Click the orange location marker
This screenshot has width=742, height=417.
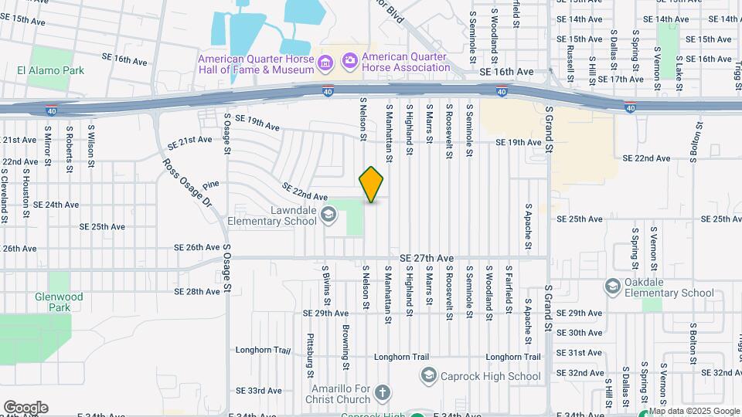click(x=372, y=185)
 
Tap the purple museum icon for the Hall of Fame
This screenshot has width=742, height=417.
click(x=325, y=61)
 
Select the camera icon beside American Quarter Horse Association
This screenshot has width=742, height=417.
click(x=350, y=59)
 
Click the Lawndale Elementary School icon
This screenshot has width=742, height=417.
click(x=328, y=215)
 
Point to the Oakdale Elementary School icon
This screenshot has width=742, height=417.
click(x=613, y=286)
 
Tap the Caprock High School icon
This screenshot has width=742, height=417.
click(x=428, y=376)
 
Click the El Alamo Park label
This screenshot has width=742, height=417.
click(x=50, y=70)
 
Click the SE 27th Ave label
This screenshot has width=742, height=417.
click(x=427, y=258)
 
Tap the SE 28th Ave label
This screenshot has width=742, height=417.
click(x=197, y=292)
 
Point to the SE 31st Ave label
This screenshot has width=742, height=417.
click(x=579, y=352)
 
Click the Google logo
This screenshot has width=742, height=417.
click(x=26, y=408)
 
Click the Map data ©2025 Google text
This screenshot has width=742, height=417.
click(x=694, y=412)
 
